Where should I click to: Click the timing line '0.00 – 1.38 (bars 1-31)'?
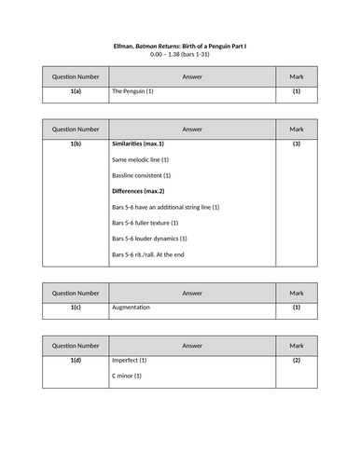(179, 55)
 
